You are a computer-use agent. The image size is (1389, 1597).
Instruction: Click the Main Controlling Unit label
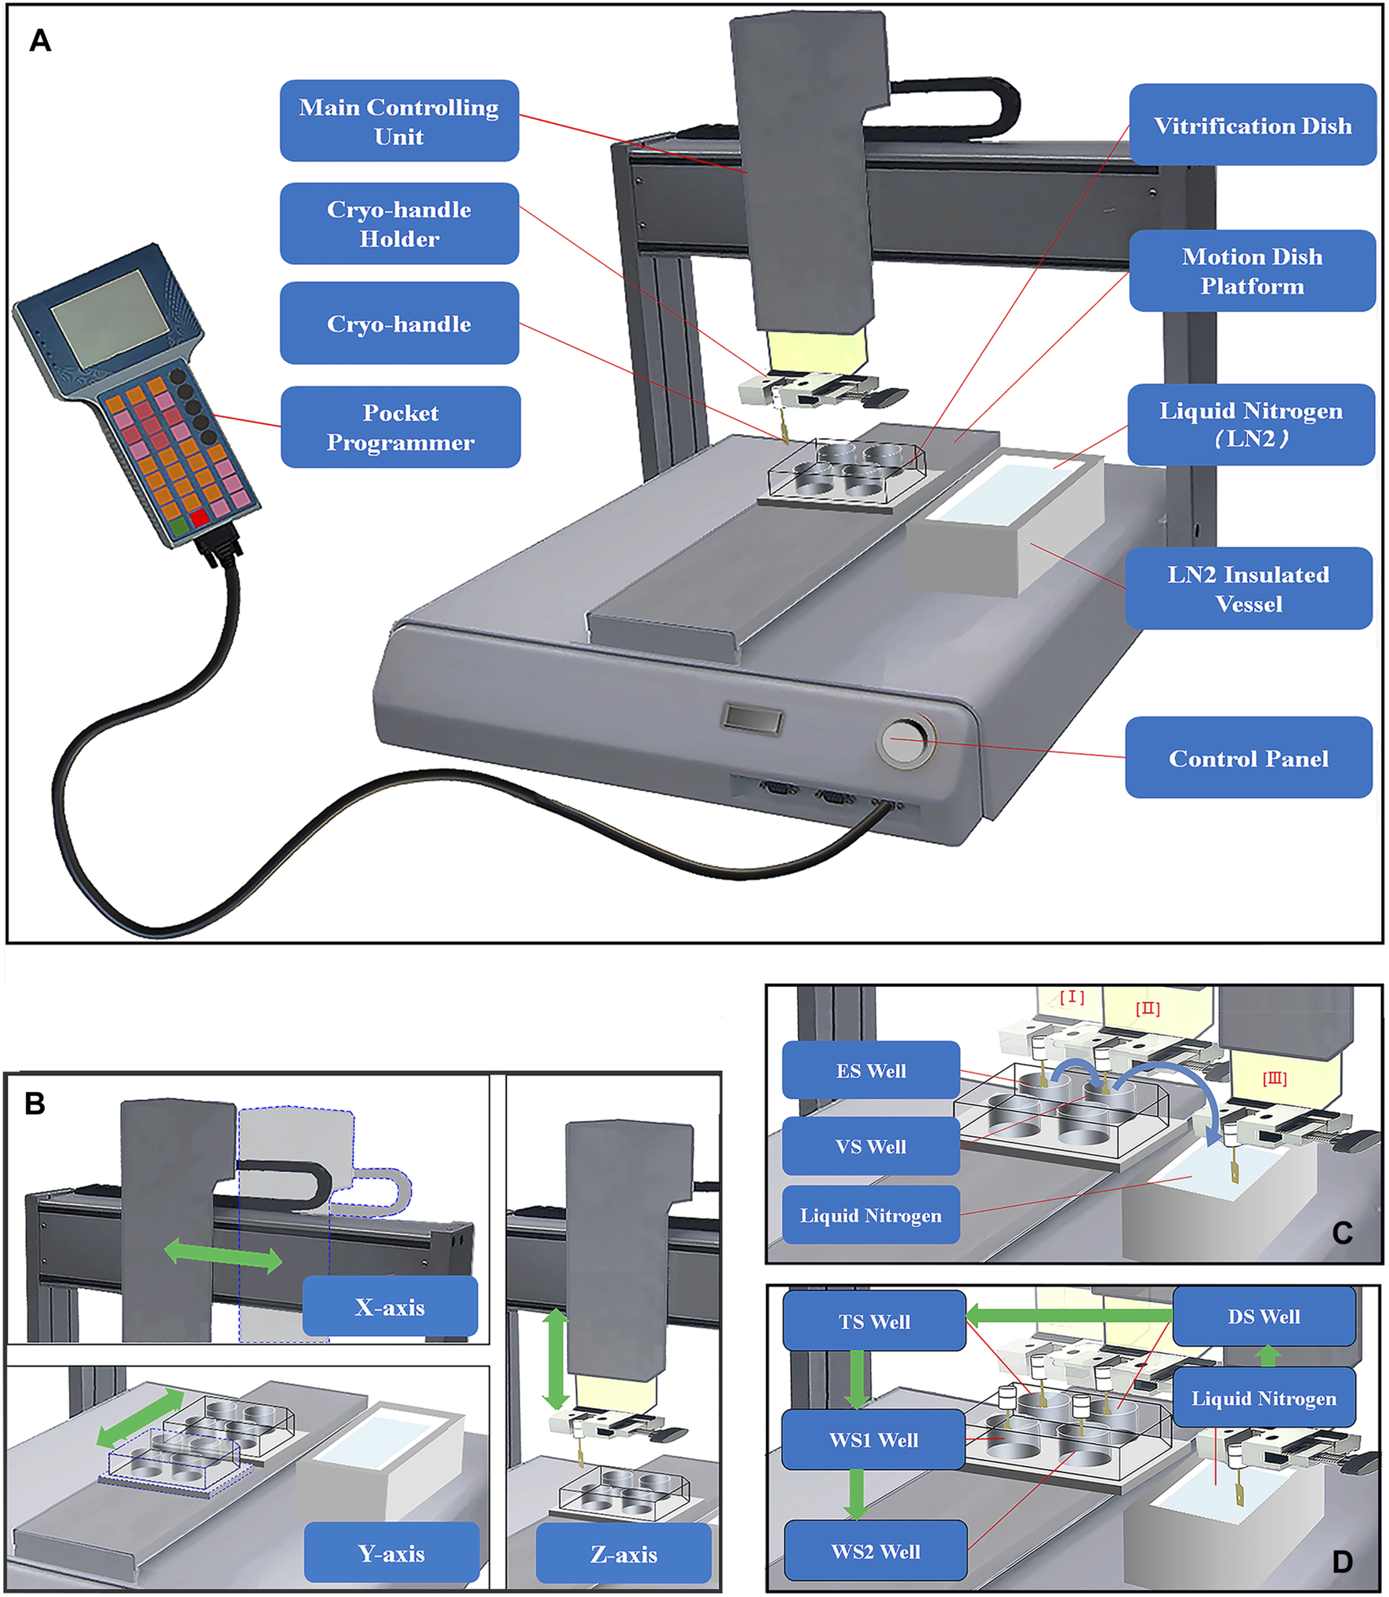tap(399, 121)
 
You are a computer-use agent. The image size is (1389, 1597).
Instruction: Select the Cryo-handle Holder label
tap(399, 223)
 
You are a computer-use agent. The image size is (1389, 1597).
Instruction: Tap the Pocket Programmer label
tap(401, 427)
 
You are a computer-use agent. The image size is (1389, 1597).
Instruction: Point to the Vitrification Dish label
tap(1252, 125)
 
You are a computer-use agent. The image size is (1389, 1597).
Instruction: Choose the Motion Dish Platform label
tap(1252, 271)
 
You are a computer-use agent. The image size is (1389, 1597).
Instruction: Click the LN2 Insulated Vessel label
tap(1248, 589)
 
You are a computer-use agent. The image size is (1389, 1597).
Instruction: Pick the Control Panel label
tap(1248, 758)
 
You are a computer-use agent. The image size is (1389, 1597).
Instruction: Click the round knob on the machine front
tap(904, 740)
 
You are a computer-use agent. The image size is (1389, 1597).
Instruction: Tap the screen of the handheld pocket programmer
tap(110, 318)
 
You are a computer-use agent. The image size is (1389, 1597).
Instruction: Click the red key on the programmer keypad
tap(200, 517)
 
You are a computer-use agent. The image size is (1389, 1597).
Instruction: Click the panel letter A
tap(40, 41)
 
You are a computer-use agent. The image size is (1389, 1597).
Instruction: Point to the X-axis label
tap(390, 1307)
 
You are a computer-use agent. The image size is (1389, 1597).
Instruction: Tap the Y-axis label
tap(391, 1553)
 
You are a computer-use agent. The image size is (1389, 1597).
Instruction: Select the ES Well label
tap(871, 1070)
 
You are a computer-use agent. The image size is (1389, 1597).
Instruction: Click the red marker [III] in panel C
tap(1275, 1079)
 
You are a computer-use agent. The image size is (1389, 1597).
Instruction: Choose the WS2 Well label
tap(876, 1551)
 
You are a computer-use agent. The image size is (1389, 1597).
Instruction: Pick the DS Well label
tap(1264, 1316)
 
